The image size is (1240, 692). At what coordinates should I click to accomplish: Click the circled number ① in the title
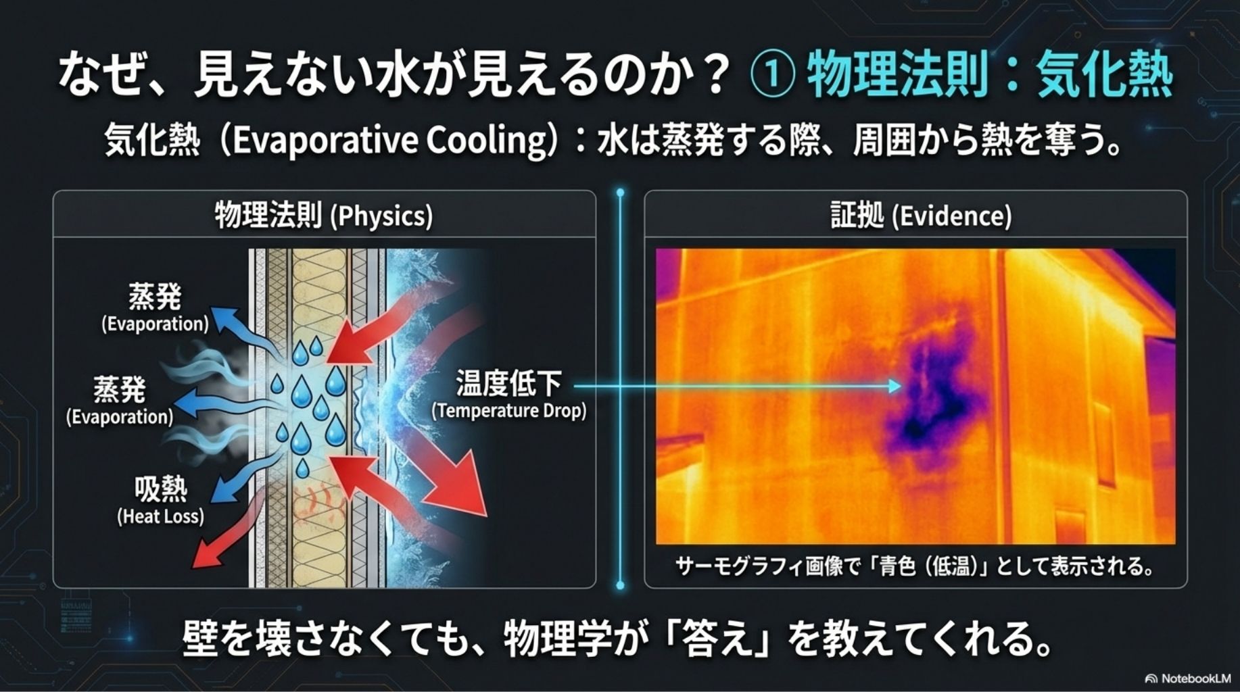click(x=773, y=76)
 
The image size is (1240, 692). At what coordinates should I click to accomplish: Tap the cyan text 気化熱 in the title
click(x=1104, y=74)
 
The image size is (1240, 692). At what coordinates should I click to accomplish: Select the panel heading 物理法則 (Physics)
click(x=324, y=216)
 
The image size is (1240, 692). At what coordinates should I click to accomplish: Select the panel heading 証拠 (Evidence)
click(x=921, y=216)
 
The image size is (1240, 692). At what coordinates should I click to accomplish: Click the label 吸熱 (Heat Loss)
click(x=160, y=500)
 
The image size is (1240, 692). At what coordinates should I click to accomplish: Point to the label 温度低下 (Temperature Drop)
click(x=508, y=394)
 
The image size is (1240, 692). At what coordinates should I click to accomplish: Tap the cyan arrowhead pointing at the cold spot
click(x=896, y=386)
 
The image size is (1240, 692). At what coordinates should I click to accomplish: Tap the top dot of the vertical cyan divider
click(x=620, y=193)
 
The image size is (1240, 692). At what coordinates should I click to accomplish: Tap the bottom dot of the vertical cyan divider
click(x=620, y=585)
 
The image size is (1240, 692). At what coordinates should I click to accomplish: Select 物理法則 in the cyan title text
click(x=898, y=74)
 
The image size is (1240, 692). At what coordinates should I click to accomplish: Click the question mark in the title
click(x=715, y=74)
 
